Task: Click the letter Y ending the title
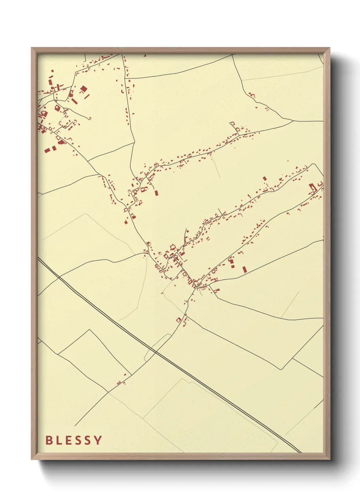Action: point(98,440)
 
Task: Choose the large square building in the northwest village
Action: point(83,89)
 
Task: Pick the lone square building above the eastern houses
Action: point(264,178)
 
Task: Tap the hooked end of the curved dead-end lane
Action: point(90,119)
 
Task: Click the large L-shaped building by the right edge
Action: point(312,187)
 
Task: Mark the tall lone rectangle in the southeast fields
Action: point(244,269)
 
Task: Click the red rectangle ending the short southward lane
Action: point(156,193)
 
